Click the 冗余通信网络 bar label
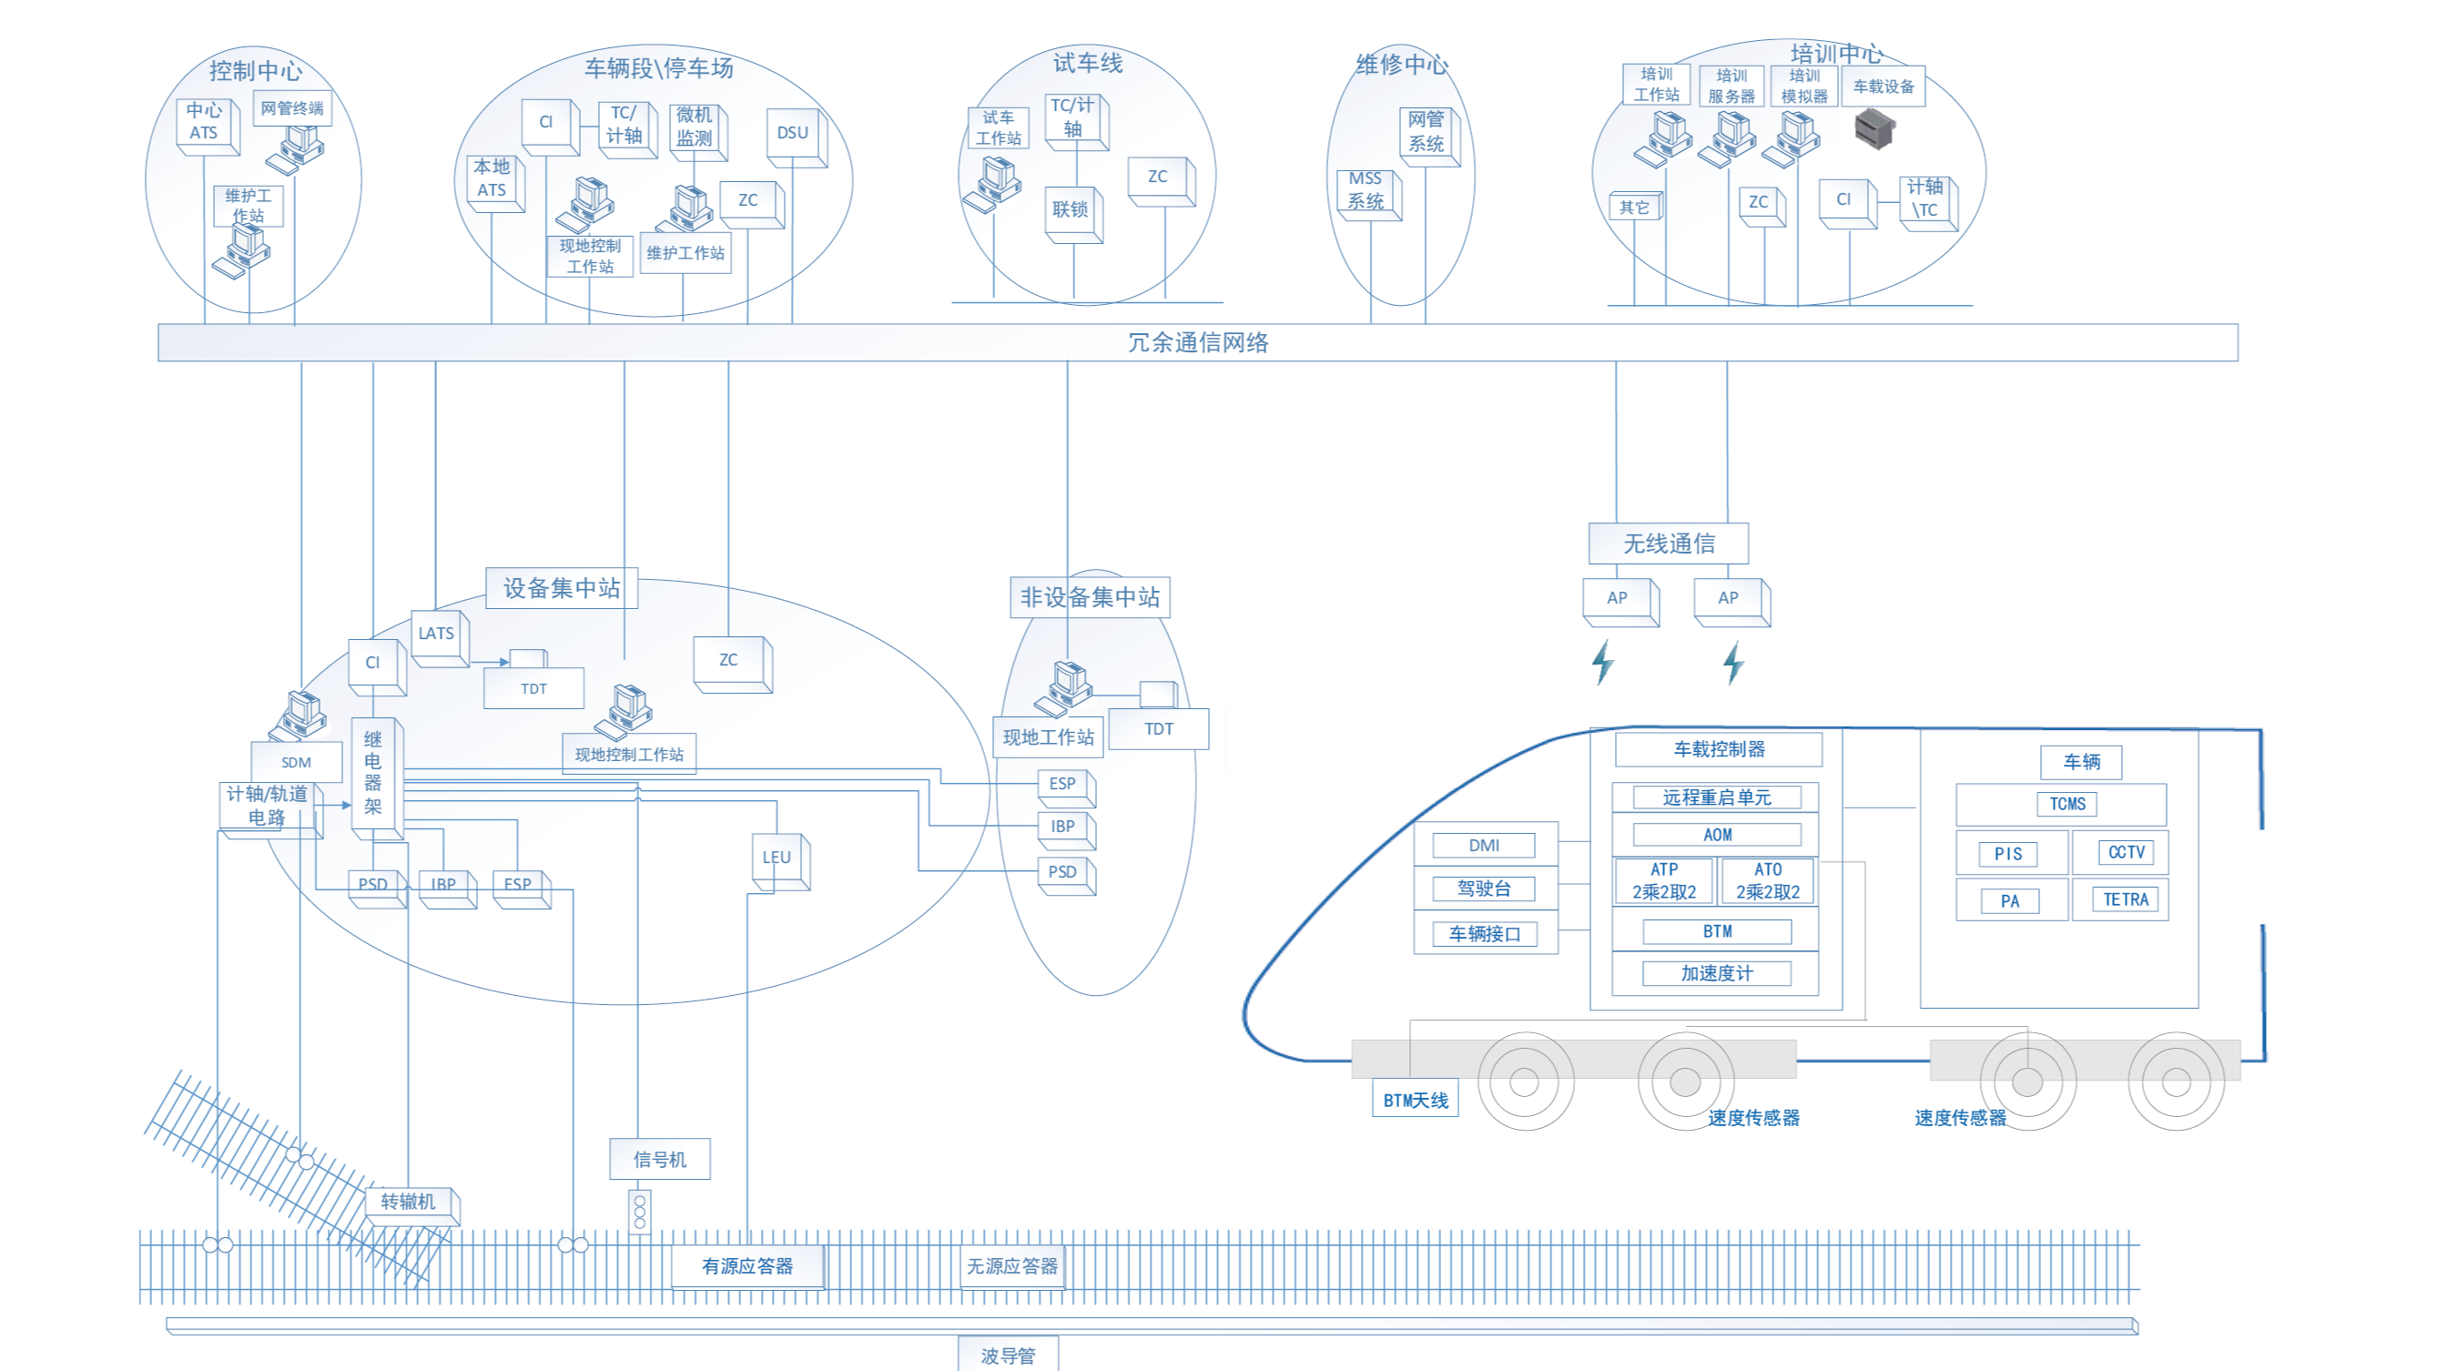tap(1198, 342)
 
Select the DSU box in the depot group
tap(793, 134)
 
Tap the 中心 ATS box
tap(203, 122)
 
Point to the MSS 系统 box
tap(1366, 191)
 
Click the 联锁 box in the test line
tap(1070, 210)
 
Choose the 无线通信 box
tap(1668, 544)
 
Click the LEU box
tap(777, 858)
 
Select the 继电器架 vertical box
tap(373, 773)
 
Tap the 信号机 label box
tap(659, 1159)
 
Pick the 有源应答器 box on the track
tap(747, 1266)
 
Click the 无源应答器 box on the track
tap(1011, 1266)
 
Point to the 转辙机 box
tap(409, 1203)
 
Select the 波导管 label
tap(1008, 1356)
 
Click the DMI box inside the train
tap(1483, 846)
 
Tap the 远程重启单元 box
tap(1716, 797)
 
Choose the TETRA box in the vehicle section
tap(2125, 899)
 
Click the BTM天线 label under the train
tap(1416, 1101)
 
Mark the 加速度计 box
tap(1716, 973)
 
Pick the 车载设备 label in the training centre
tap(1883, 87)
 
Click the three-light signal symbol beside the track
tap(641, 1212)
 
